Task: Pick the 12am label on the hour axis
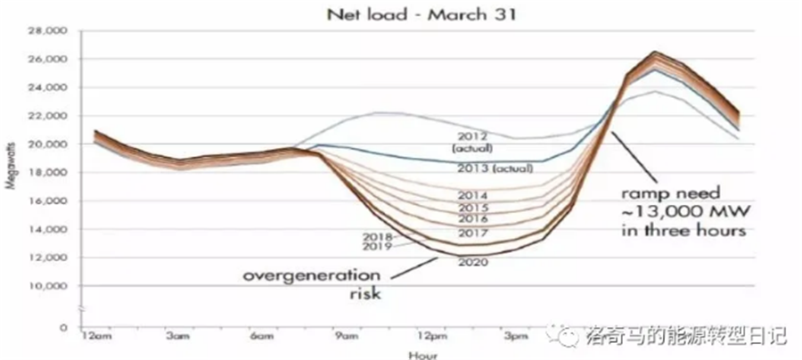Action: pyautogui.click(x=96, y=337)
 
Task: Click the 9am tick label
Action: pyautogui.click(x=348, y=337)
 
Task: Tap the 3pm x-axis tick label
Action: pyautogui.click(x=518, y=337)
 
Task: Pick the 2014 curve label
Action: pyautogui.click(x=471, y=194)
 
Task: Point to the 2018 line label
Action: pyautogui.click(x=354, y=236)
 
